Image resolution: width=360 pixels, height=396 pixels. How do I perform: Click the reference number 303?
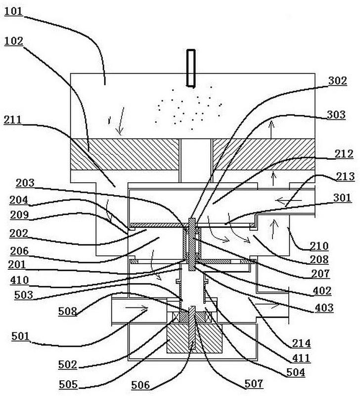(x=337, y=115)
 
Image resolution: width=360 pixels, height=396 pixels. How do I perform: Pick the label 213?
(x=342, y=177)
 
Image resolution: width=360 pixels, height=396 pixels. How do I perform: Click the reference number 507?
(x=254, y=384)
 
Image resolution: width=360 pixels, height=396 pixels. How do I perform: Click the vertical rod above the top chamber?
(x=191, y=68)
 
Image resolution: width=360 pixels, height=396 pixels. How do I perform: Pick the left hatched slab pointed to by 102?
(x=124, y=153)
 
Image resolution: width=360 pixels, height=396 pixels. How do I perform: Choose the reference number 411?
(x=300, y=358)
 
